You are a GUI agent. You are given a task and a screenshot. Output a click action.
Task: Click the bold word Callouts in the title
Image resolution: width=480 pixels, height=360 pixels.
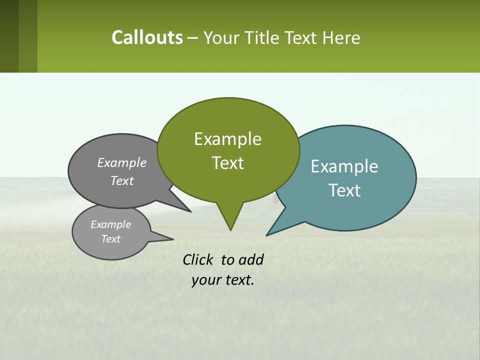(x=147, y=37)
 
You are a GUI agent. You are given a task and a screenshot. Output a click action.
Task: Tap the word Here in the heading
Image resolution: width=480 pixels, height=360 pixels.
(x=342, y=38)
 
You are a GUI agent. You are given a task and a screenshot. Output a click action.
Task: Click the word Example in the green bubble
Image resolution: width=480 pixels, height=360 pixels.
(x=227, y=139)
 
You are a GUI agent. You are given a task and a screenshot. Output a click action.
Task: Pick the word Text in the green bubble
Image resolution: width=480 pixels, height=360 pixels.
(x=227, y=163)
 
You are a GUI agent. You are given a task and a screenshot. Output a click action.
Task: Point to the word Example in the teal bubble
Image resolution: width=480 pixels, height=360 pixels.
(x=344, y=166)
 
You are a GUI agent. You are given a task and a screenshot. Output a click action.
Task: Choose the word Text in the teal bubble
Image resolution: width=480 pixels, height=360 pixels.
(x=344, y=190)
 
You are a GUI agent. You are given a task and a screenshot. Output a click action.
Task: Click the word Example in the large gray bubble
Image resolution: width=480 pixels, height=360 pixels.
(x=122, y=162)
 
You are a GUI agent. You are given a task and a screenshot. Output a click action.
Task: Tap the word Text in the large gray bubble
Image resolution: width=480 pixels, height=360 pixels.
(x=122, y=180)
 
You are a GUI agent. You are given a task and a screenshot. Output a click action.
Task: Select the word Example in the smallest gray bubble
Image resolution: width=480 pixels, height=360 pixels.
(x=110, y=224)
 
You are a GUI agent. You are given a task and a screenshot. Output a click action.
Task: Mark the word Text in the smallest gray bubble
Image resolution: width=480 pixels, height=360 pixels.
(x=110, y=239)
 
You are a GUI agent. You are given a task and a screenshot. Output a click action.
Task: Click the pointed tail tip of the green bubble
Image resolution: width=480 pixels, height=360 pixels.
(x=230, y=229)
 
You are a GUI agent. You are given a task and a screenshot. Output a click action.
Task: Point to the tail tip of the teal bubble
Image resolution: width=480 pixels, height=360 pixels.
(x=267, y=235)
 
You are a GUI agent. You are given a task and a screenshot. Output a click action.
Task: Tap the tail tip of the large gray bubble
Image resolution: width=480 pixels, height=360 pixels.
(x=190, y=211)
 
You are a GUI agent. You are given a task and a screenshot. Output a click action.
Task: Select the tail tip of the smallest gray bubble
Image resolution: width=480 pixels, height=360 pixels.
(x=172, y=239)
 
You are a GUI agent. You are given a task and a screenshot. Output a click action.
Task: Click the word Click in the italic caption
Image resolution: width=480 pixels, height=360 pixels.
(x=198, y=259)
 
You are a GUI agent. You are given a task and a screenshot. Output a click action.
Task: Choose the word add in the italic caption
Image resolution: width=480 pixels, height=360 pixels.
(x=251, y=259)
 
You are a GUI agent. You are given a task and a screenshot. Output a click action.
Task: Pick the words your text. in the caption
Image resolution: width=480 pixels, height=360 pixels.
(x=223, y=280)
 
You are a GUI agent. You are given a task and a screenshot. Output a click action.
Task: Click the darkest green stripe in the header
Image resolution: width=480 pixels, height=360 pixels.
(x=9, y=36)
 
